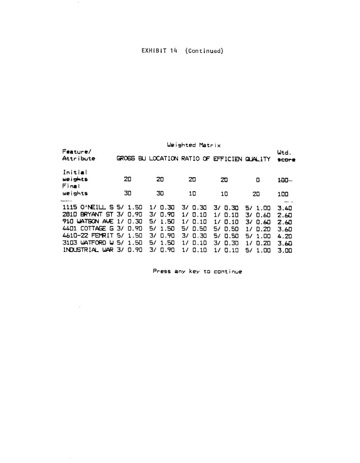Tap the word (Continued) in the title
tap(204, 51)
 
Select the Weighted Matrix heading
tap(194, 145)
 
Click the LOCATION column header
tap(164, 159)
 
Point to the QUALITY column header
tap(258, 159)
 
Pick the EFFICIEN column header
tap(227, 159)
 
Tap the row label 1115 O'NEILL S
tap(88, 208)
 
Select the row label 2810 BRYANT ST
tap(88, 215)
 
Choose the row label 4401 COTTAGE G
tap(88, 229)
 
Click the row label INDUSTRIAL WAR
tap(88, 250)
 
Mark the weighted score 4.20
tap(285, 236)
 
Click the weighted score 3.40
tap(285, 208)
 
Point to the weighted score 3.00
tap(285, 250)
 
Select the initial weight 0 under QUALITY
tap(258, 180)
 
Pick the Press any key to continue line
tap(197, 271)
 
